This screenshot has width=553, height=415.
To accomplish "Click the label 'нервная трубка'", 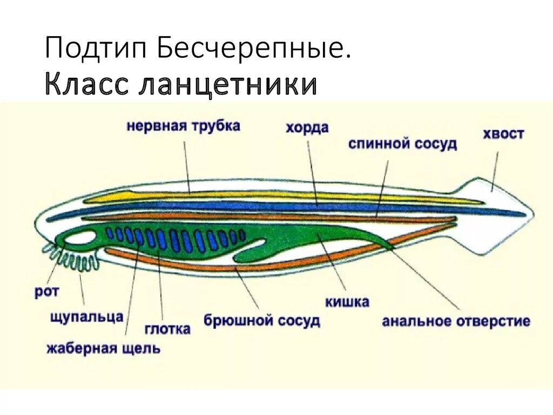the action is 184,127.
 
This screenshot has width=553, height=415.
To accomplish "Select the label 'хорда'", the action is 307,128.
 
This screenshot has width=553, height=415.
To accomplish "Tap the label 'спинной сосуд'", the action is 402,144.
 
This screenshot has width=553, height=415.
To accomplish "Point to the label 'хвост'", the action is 503,133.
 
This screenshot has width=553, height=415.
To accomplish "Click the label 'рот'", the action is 46,292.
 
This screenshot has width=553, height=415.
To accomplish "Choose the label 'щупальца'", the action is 86,317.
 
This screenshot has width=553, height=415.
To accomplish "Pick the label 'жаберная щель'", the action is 103,348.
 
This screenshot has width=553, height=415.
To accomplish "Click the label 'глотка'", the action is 167,329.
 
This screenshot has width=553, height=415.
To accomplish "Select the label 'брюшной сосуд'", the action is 262,320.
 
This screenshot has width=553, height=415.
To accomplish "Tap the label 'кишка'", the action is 347,302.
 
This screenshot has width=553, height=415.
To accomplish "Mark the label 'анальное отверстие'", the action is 456,322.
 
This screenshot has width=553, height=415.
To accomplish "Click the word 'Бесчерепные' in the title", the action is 252,49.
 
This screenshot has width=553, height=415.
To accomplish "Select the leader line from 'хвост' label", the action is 495,170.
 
